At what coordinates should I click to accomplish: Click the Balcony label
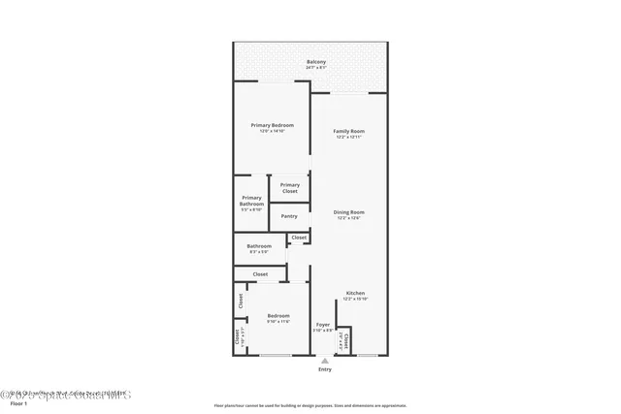[316, 62]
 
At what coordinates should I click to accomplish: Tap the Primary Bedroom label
[272, 125]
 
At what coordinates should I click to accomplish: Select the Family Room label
[348, 131]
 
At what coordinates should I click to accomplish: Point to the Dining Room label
[348, 212]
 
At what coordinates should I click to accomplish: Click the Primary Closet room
[289, 188]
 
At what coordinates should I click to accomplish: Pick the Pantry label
[289, 216]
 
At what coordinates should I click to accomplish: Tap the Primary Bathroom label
[251, 202]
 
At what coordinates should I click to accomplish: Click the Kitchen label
[355, 292]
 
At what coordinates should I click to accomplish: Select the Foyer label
[323, 325]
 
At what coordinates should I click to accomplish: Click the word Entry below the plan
[324, 369]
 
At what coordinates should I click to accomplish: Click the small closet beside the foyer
[343, 339]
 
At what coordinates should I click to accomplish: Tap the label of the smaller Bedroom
[278, 316]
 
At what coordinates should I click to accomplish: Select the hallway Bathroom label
[259, 245]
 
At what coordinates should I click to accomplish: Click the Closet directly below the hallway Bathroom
[260, 274]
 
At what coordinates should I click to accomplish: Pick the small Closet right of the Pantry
[299, 238]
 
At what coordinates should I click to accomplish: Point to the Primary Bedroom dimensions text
[272, 131]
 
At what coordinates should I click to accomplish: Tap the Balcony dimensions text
[316, 68]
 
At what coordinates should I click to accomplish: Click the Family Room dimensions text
[348, 137]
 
